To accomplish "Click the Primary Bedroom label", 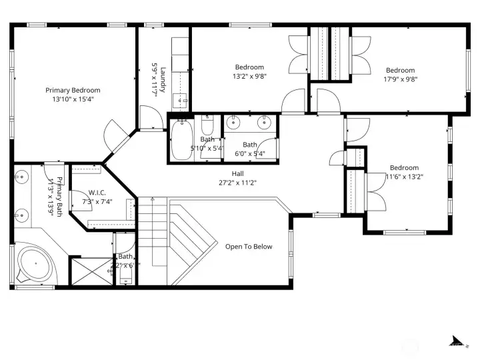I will [73, 90].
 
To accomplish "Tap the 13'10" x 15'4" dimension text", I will [73, 99].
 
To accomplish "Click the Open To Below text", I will [248, 247].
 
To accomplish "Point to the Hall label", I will [237, 173].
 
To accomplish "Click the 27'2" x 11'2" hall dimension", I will [237, 183].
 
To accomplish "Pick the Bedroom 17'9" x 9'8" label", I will [400, 71].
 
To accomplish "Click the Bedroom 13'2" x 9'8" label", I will [249, 67].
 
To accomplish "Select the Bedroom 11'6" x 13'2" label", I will [404, 168].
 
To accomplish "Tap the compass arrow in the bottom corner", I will [457, 341].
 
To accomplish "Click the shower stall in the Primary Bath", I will [89, 271].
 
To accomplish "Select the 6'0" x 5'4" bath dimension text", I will [250, 154].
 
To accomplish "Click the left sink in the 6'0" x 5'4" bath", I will [234, 121].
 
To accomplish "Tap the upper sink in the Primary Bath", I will [21, 177].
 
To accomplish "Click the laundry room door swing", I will [149, 117].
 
